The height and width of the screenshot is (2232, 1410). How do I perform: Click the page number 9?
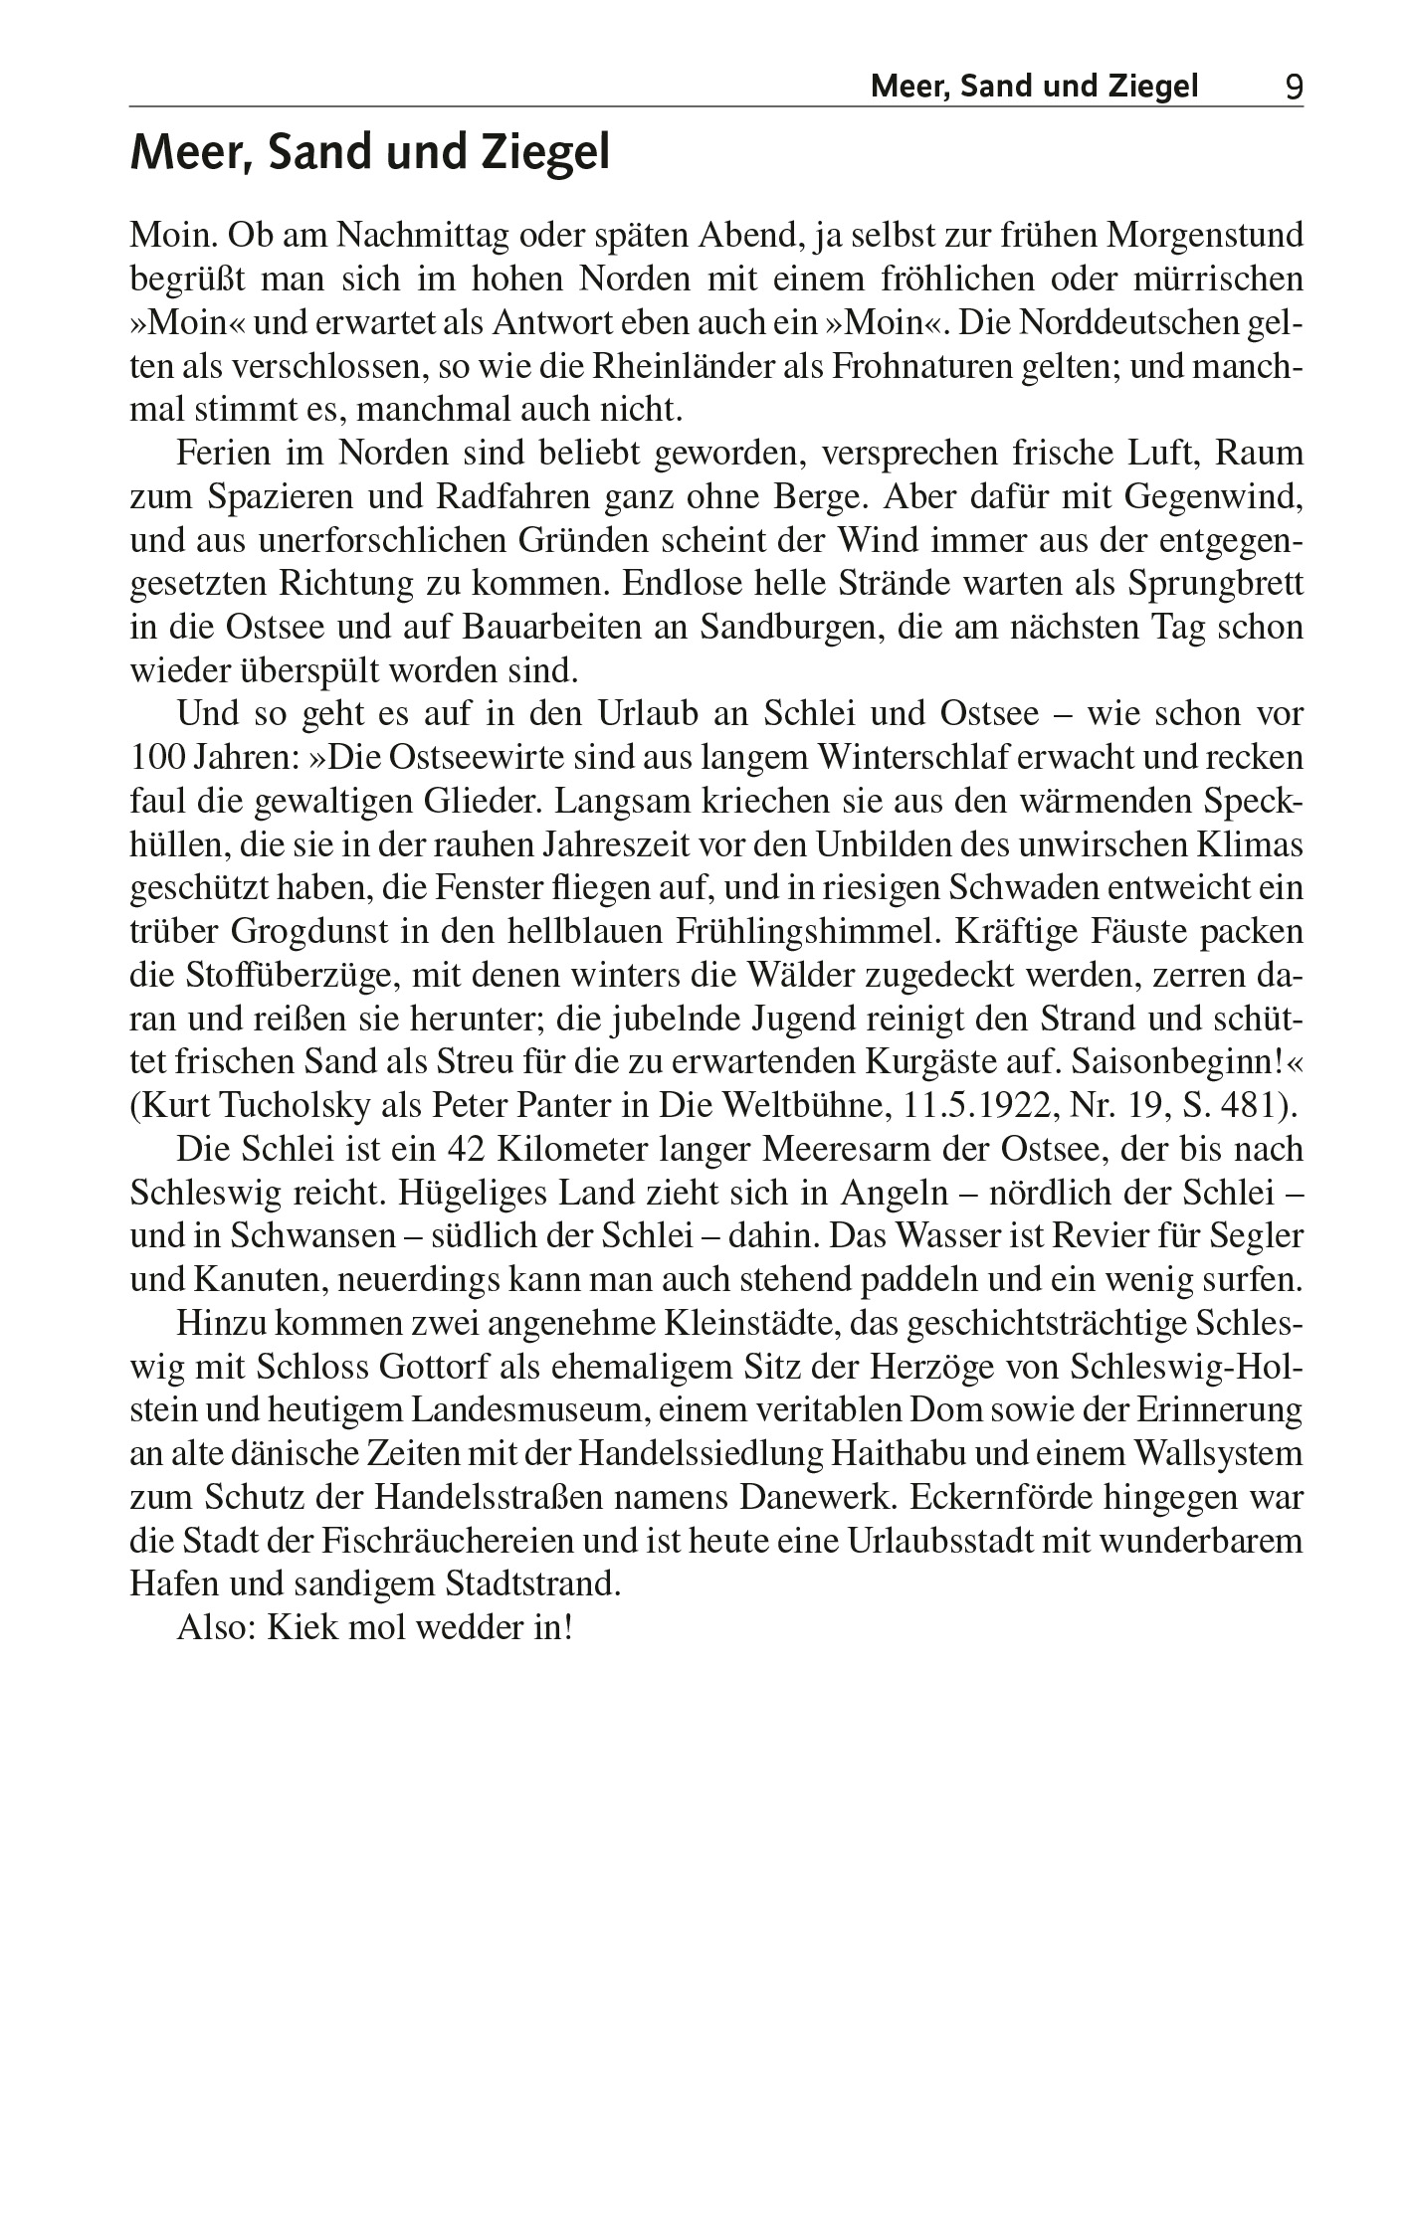(x=1293, y=88)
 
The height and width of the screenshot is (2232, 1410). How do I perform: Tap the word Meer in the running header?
(x=902, y=88)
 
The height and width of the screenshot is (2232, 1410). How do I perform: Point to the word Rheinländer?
(x=677, y=366)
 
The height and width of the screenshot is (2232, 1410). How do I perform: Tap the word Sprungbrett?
(x=1215, y=583)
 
